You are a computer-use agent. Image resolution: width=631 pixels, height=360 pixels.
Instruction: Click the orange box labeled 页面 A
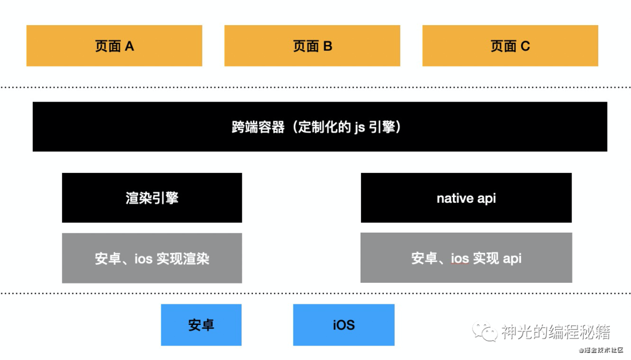click(x=114, y=46)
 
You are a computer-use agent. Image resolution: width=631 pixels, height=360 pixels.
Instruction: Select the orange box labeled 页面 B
click(x=312, y=46)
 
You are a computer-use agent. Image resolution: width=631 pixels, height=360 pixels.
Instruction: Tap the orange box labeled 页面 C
click(x=510, y=46)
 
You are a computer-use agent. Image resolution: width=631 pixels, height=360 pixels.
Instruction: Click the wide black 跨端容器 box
click(x=320, y=127)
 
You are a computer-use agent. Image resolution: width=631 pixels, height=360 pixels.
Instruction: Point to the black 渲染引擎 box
click(x=152, y=198)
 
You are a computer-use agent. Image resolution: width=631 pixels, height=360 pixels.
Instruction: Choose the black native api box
click(x=466, y=198)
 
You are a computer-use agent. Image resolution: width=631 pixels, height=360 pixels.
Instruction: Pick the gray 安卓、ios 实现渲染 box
click(x=152, y=258)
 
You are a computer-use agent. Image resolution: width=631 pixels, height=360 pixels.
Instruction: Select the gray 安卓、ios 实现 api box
click(x=466, y=258)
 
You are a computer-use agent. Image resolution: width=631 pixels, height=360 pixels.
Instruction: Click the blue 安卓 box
click(x=201, y=324)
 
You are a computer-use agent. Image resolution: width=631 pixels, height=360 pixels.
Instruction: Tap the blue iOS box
click(x=344, y=324)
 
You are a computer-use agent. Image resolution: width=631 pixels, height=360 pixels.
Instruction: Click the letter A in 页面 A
click(x=129, y=46)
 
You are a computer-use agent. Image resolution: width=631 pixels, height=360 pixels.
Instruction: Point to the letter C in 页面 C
click(x=525, y=46)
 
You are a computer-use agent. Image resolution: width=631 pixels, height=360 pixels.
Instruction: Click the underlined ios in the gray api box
click(x=459, y=258)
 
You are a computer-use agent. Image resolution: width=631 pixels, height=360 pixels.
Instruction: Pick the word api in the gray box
click(x=512, y=258)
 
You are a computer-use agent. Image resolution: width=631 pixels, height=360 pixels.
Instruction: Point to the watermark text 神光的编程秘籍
click(x=556, y=332)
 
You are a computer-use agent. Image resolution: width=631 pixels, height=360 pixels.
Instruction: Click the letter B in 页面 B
click(x=327, y=46)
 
